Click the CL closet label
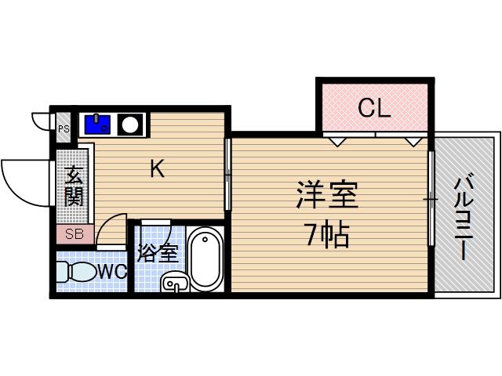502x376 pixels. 373,107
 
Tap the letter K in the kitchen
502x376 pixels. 158,168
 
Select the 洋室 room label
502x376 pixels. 326,197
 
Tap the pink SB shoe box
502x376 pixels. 75,234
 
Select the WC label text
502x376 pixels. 112,272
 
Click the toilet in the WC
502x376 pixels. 76,273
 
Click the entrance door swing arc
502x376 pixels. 24,182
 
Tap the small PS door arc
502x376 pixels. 41,121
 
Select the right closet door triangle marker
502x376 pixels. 413,142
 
